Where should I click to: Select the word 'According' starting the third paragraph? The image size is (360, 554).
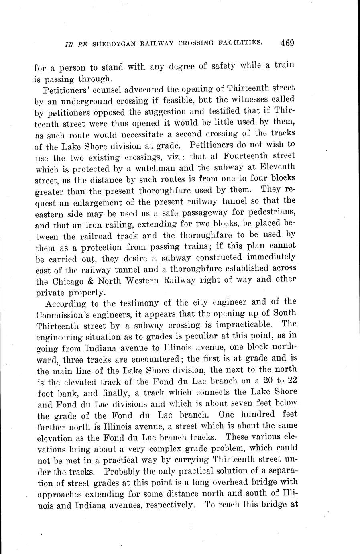68,302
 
